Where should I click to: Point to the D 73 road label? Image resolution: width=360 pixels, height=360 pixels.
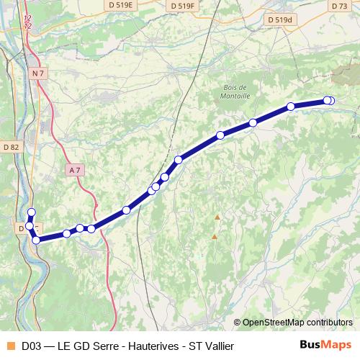click(340, 6)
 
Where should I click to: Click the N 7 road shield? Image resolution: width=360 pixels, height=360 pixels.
click(38, 73)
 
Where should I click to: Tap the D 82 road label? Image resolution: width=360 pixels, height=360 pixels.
click(11, 147)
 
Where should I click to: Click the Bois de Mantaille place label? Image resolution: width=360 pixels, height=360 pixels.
click(230, 90)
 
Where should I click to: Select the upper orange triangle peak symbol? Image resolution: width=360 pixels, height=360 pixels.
click(217, 217)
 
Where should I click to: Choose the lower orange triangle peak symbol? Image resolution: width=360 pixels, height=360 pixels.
click(214, 236)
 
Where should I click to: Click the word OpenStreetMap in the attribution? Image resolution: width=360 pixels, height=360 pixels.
click(280, 322)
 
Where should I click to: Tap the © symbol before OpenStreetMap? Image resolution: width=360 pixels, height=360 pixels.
click(238, 322)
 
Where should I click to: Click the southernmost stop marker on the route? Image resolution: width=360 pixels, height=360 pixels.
click(36, 240)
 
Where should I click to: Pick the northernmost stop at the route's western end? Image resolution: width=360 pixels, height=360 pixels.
click(31, 212)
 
